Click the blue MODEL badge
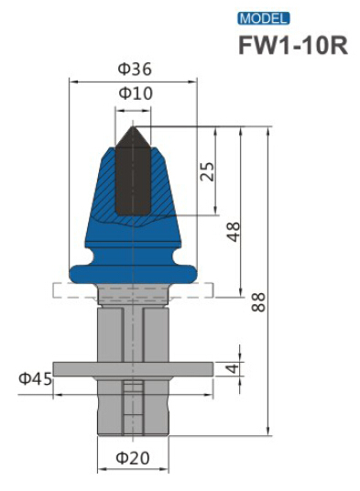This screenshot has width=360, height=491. click(263, 17)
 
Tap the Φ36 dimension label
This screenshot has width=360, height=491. click(134, 69)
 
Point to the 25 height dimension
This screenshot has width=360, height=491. click(208, 172)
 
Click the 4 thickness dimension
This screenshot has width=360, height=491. click(235, 368)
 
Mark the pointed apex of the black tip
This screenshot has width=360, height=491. click(132, 125)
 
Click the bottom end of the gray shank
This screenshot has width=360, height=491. click(133, 431)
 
